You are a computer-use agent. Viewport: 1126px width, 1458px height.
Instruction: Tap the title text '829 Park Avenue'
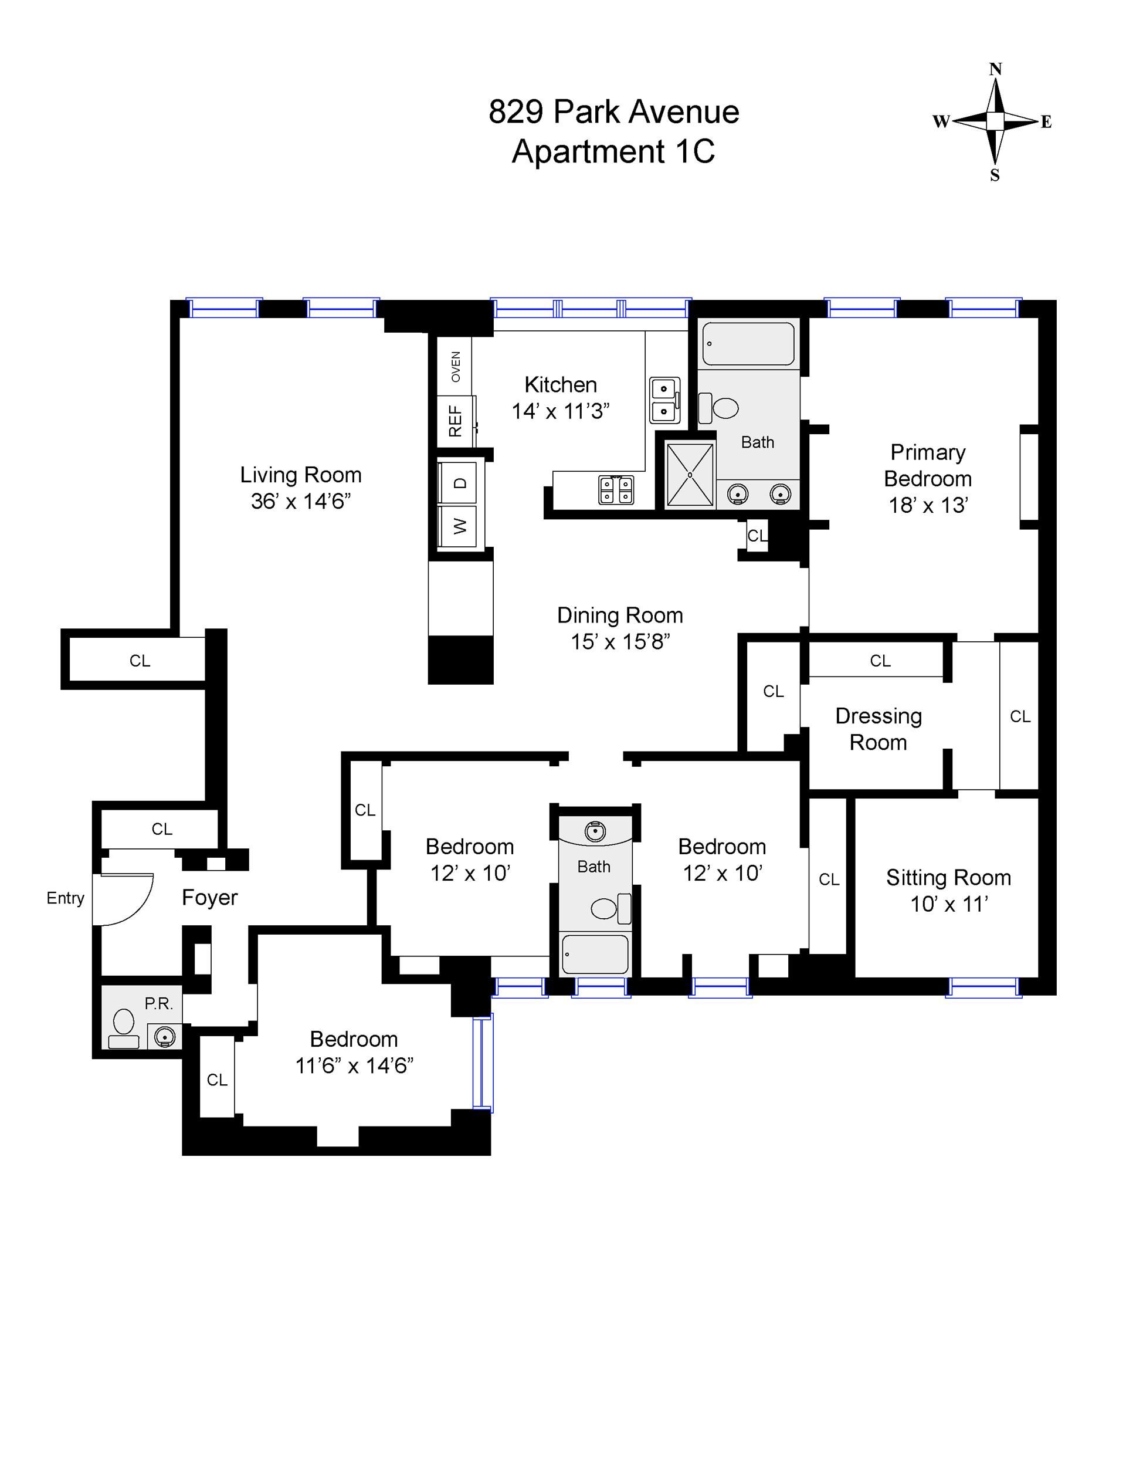coord(613,112)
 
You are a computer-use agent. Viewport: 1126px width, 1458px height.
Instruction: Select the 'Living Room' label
coord(301,475)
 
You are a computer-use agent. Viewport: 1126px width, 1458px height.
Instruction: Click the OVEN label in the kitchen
coord(456,367)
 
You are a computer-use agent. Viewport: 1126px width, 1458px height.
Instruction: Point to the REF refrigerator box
coord(456,421)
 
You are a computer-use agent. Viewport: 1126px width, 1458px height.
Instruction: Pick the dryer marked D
coord(459,483)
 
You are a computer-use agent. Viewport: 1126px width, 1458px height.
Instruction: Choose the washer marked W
coord(459,526)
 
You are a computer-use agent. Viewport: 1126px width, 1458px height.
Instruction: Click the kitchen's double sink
coord(665,400)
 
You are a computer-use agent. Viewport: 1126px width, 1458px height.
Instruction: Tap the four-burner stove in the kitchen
coord(616,489)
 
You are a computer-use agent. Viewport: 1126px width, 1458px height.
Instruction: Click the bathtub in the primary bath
coord(748,344)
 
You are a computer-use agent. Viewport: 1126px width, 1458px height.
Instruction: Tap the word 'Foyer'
coord(209,898)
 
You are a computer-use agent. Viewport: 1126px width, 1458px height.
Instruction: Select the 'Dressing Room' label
coord(879,729)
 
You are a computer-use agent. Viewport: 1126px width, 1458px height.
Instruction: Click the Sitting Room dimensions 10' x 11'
coord(949,904)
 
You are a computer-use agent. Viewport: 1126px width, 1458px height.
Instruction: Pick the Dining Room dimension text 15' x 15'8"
coord(620,641)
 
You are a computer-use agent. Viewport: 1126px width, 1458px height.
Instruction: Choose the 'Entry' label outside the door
coord(66,899)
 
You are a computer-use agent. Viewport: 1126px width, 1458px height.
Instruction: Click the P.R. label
coord(159,1003)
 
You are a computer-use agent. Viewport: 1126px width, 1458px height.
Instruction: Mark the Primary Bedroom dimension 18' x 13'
coord(928,505)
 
